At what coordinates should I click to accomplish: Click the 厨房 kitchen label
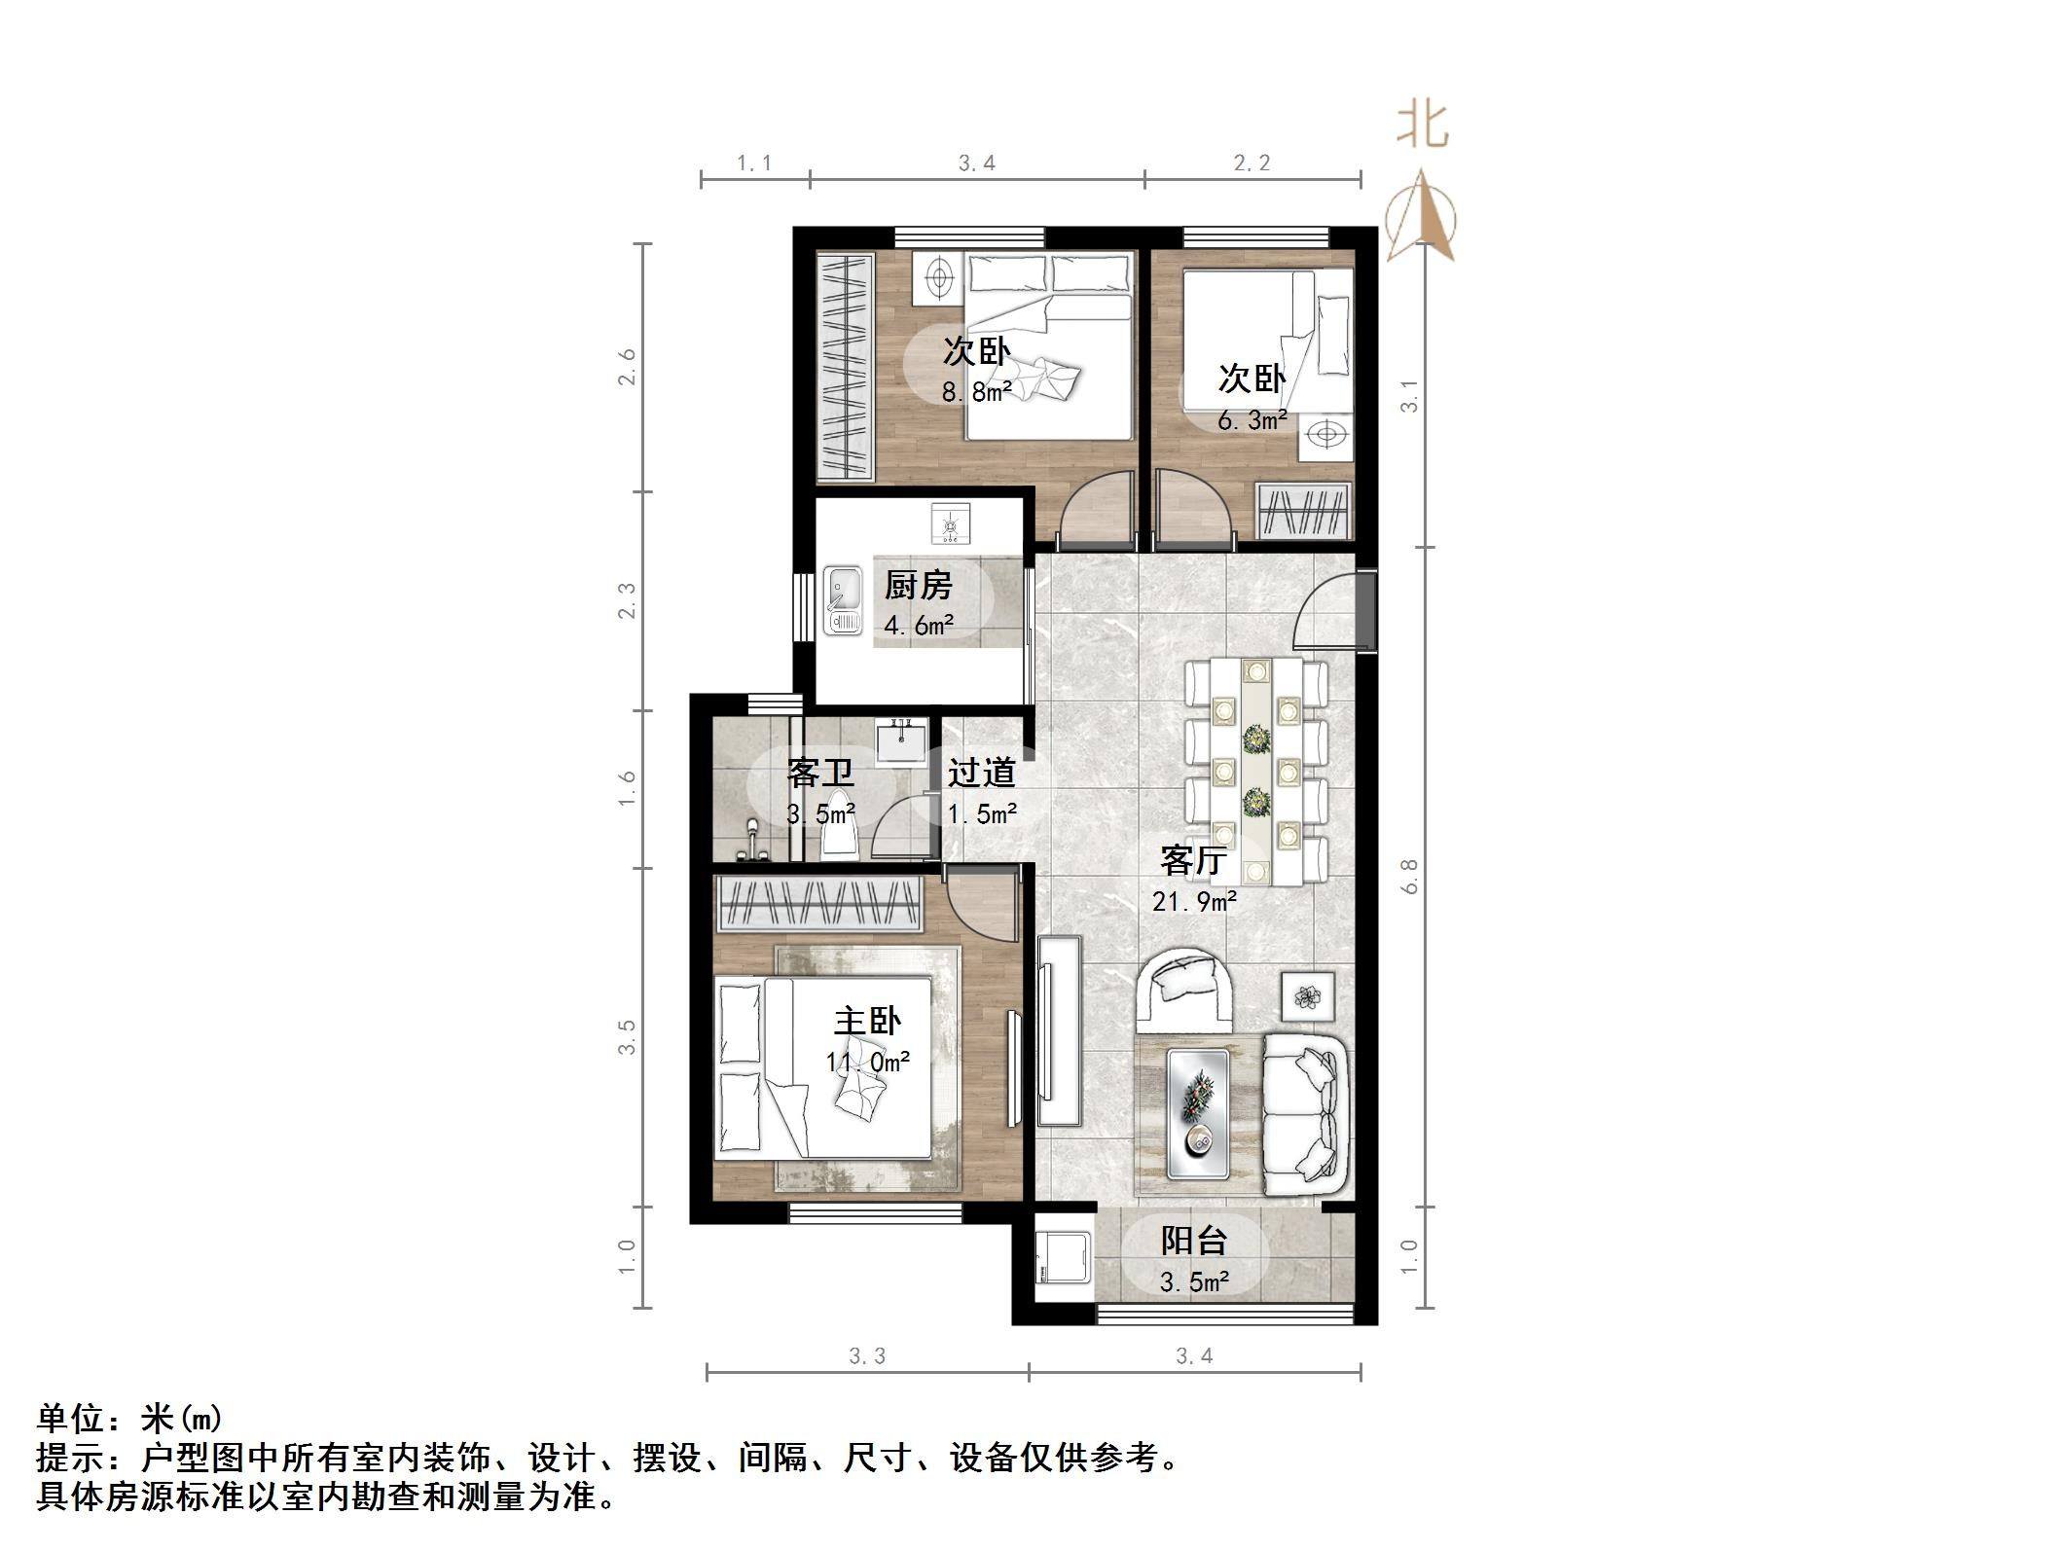(x=918, y=586)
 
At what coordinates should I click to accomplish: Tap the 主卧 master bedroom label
(x=867, y=1022)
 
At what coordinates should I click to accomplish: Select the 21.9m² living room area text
(x=1194, y=902)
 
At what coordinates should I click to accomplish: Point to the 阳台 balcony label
(x=1193, y=1241)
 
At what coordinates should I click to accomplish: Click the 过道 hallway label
(x=982, y=773)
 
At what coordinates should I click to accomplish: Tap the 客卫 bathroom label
(x=820, y=774)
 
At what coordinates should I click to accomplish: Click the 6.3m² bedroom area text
(x=1252, y=420)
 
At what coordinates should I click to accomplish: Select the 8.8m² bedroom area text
(x=976, y=392)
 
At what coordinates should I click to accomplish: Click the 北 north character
(x=1423, y=126)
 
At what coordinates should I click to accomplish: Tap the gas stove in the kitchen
(x=950, y=525)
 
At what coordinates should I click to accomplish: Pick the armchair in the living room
(x=1185, y=991)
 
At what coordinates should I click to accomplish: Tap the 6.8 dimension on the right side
(x=1410, y=876)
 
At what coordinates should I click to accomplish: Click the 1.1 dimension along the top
(x=754, y=163)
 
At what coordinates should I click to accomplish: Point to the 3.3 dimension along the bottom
(x=866, y=1355)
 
